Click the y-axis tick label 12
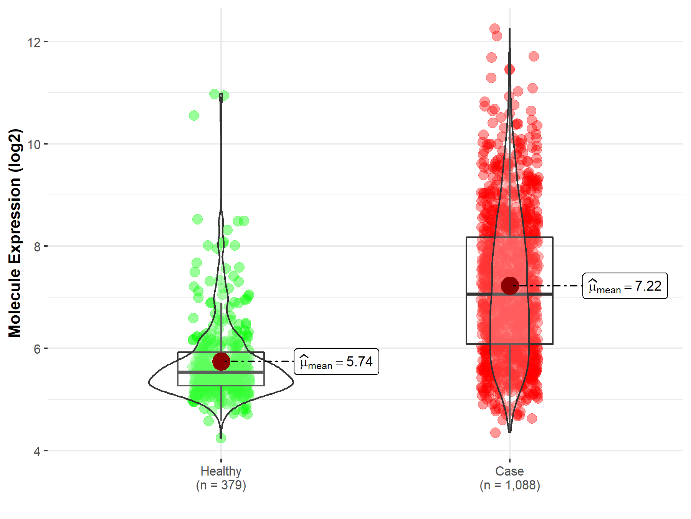34,42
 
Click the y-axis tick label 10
34,145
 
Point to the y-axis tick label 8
37,247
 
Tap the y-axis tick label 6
37,349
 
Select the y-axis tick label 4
37,451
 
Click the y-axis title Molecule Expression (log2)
15,233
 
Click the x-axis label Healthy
221,471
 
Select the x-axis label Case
509,471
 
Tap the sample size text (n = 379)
221,485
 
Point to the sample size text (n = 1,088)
509,485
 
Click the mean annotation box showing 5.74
336,362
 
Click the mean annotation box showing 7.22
625,286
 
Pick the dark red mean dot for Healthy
221,361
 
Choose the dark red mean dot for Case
510,286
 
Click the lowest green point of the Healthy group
221,438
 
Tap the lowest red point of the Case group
495,433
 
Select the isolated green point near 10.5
194,115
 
